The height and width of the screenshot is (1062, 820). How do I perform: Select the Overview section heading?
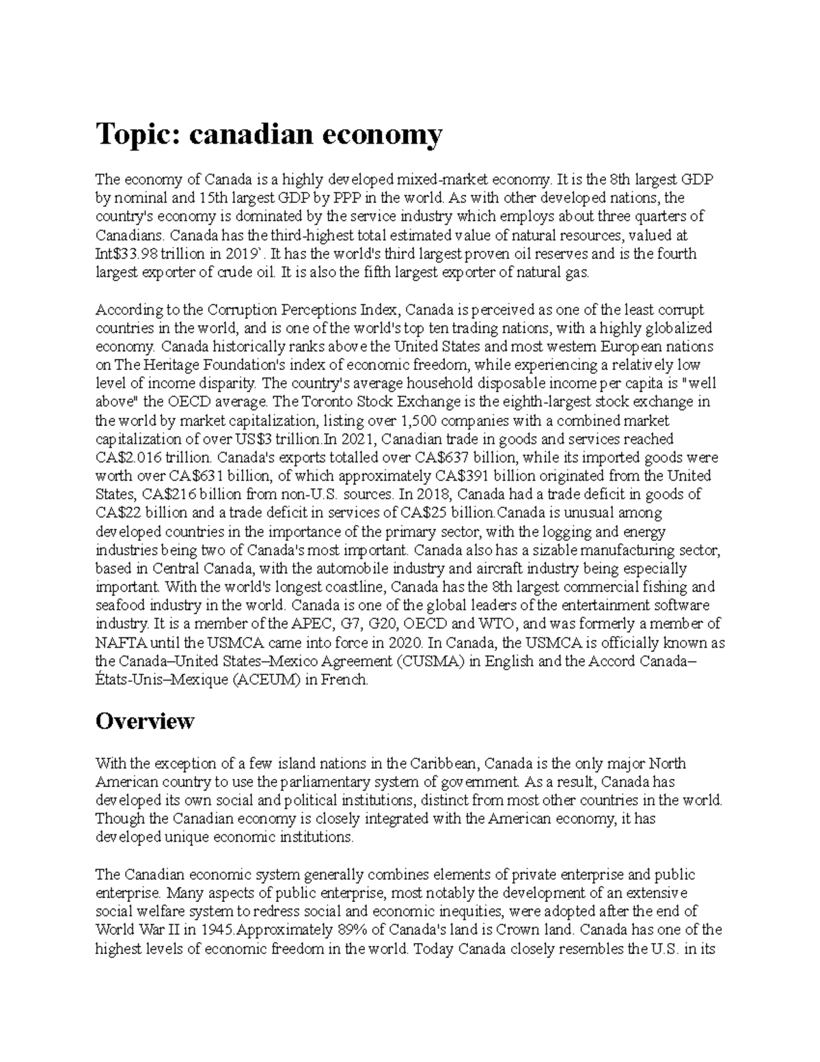(145, 721)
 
